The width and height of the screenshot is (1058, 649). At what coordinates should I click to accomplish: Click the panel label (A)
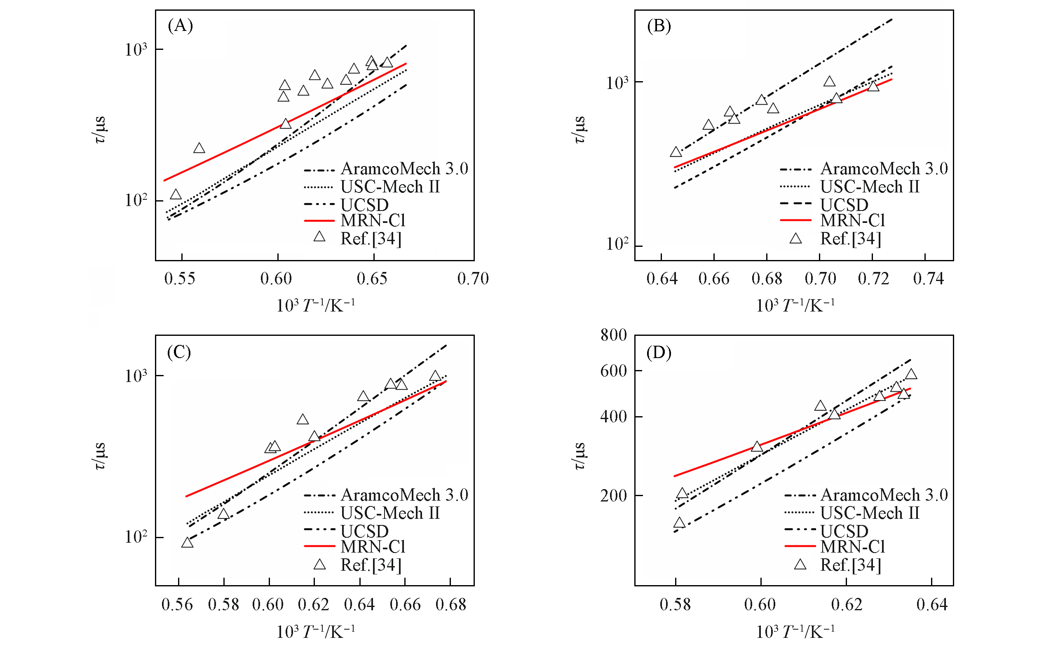[181, 26]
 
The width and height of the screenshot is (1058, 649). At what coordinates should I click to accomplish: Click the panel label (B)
[659, 26]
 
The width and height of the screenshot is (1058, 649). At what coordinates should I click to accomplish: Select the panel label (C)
[179, 352]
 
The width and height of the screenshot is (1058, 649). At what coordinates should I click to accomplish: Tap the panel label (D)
[659, 352]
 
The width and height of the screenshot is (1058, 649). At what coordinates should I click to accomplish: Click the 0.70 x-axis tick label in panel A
[473, 279]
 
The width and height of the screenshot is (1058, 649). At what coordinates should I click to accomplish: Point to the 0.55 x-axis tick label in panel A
[179, 279]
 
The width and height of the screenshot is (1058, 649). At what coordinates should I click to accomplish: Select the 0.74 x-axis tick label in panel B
[928, 279]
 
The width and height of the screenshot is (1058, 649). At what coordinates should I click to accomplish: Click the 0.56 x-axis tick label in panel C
[177, 605]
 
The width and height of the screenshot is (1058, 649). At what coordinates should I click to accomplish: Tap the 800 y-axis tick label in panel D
[613, 335]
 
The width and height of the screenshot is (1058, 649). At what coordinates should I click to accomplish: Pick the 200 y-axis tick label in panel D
[613, 496]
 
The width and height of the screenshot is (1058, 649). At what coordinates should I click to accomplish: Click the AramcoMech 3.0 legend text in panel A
[404, 169]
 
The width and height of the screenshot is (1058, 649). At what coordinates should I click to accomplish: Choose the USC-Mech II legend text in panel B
[870, 187]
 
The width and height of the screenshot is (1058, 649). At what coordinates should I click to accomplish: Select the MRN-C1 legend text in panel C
[373, 547]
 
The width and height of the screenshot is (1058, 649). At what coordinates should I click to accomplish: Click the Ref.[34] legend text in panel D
[850, 565]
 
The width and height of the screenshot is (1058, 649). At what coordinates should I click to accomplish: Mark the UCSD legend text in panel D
[844, 532]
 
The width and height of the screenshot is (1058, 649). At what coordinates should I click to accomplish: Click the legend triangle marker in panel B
[795, 239]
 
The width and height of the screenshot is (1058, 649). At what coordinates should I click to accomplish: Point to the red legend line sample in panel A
[319, 221]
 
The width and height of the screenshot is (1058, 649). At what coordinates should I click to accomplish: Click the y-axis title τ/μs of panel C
[100, 456]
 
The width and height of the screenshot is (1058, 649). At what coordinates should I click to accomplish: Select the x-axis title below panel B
[795, 306]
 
